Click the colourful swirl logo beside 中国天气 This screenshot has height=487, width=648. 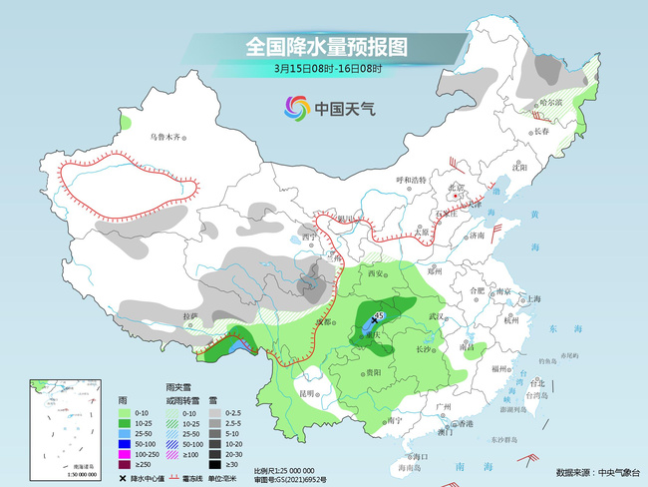pyautogui.click(x=296, y=107)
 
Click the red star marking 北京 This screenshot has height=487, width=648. pyautogui.click(x=456, y=197)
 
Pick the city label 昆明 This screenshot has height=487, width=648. pyautogui.click(x=309, y=393)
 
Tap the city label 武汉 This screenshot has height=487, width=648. pyautogui.click(x=435, y=315)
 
